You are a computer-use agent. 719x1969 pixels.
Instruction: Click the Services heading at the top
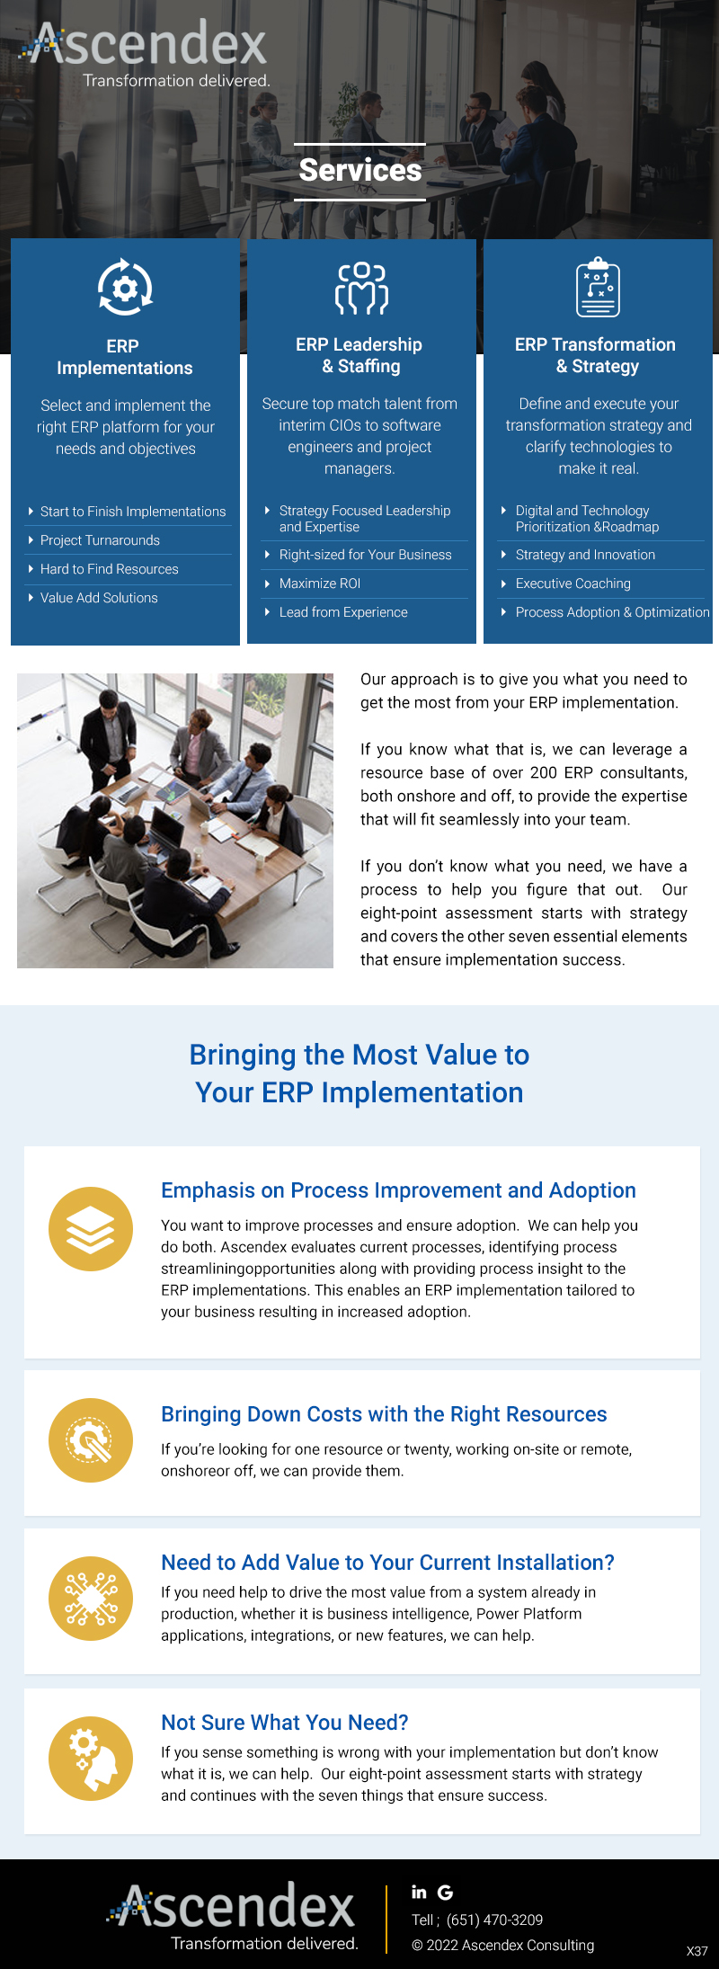[x=360, y=170]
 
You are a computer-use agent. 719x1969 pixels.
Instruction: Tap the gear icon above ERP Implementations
[x=125, y=288]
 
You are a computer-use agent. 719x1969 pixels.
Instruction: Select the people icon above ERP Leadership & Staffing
[x=361, y=288]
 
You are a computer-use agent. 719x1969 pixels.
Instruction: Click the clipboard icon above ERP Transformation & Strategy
[x=598, y=288]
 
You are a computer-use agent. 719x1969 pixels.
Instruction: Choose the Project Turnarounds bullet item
[x=100, y=540]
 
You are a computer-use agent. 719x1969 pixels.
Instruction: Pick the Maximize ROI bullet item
[x=320, y=584]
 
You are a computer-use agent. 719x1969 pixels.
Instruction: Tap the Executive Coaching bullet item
[x=573, y=584]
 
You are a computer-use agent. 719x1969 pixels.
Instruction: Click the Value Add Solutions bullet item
[x=99, y=598]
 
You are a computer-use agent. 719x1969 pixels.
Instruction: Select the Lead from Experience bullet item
[x=343, y=612]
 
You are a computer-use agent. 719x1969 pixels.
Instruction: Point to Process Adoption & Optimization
[x=612, y=612]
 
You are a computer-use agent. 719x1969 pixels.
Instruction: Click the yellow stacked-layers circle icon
[x=91, y=1229]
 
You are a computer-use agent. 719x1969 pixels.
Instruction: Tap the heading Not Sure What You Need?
[x=284, y=1723]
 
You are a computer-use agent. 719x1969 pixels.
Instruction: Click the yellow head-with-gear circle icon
[x=91, y=1759]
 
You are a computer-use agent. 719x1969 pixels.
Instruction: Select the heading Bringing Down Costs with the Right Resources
[x=384, y=1414]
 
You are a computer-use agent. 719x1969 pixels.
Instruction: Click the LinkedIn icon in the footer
[x=419, y=1892]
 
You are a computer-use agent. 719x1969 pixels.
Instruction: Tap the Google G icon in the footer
[x=445, y=1892]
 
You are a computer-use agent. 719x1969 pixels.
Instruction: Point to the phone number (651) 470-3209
[x=494, y=1920]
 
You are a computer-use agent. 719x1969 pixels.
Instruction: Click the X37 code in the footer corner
[x=697, y=1951]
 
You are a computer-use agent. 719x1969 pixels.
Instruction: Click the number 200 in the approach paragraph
[x=543, y=772]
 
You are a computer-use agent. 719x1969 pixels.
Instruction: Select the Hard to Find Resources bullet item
[x=109, y=569]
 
